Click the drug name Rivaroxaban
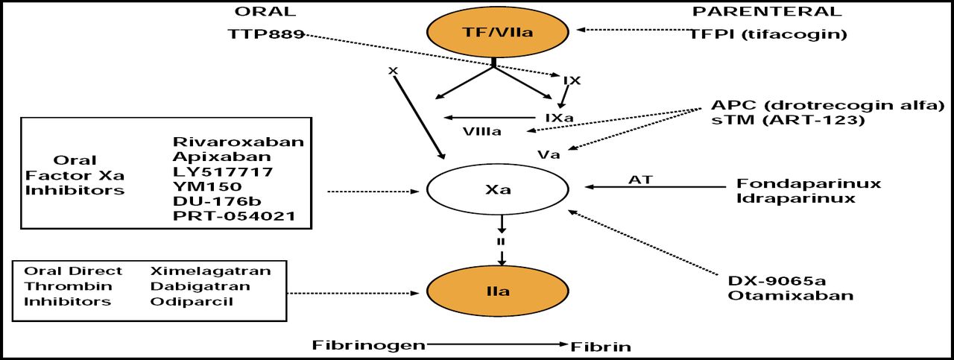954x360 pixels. pyautogui.click(x=238, y=142)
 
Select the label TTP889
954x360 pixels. pyautogui.click(x=266, y=34)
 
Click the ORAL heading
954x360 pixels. pyautogui.click(x=265, y=11)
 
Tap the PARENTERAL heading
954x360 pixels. pyautogui.click(x=767, y=11)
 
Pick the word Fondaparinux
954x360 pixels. pyautogui.click(x=809, y=183)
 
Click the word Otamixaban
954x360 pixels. pyautogui.click(x=791, y=296)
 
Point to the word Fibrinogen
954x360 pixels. pyautogui.click(x=369, y=345)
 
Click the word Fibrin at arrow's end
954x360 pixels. pyautogui.click(x=601, y=346)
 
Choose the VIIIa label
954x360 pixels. pyautogui.click(x=482, y=132)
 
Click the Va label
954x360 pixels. pyautogui.click(x=549, y=155)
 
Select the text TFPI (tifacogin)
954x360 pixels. pyautogui.click(x=768, y=34)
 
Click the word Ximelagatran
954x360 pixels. pyautogui.click(x=211, y=271)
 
